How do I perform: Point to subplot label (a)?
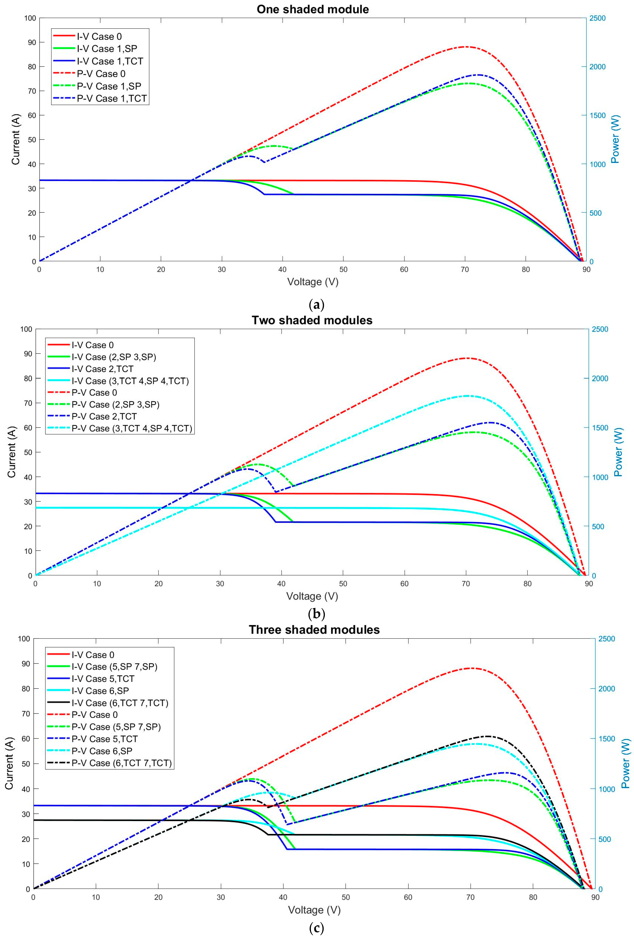[316, 304]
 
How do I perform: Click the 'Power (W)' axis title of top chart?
[615, 140]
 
